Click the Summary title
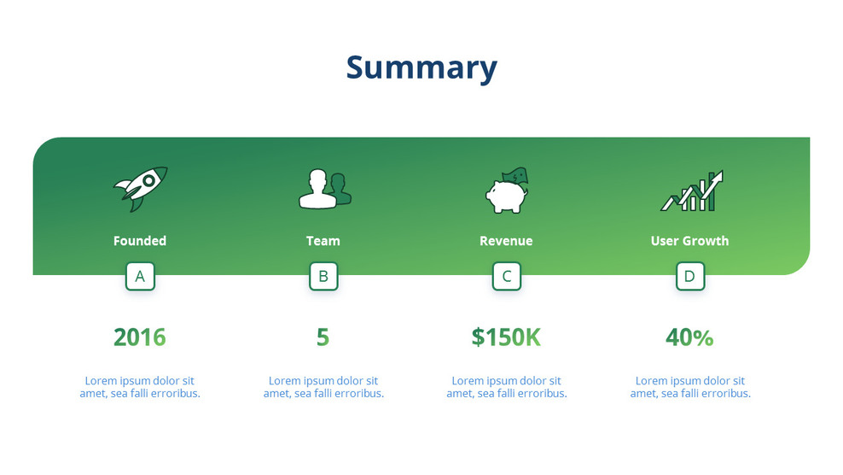tap(421, 67)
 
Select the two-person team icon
tap(324, 189)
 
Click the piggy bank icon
tap(507, 191)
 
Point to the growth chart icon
tap(692, 191)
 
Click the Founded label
tap(140, 241)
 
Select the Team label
tap(323, 241)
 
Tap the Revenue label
tap(506, 241)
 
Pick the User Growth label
tap(689, 241)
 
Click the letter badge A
tap(140, 276)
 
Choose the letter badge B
tap(323, 276)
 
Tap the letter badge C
tap(507, 276)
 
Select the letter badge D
tap(690, 276)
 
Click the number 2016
tap(140, 337)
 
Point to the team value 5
tap(323, 337)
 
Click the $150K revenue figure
tap(506, 337)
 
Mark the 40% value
tap(689, 337)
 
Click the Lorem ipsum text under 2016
tap(140, 387)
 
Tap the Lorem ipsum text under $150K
tap(507, 387)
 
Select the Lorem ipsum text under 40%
tap(690, 387)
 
